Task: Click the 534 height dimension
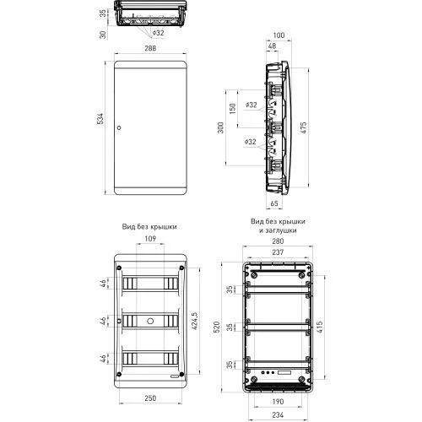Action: pyautogui.click(x=100, y=119)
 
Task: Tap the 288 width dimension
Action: pyautogui.click(x=150, y=48)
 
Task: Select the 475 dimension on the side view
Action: pyautogui.click(x=303, y=127)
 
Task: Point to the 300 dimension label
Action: pyautogui.click(x=221, y=127)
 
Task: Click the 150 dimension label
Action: pyautogui.click(x=233, y=109)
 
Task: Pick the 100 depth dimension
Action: pyautogui.click(x=279, y=35)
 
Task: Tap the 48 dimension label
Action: pyautogui.click(x=272, y=46)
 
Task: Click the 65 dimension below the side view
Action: pyautogui.click(x=274, y=203)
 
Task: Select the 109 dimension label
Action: pyautogui.click(x=150, y=239)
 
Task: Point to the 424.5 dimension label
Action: pyautogui.click(x=194, y=321)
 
